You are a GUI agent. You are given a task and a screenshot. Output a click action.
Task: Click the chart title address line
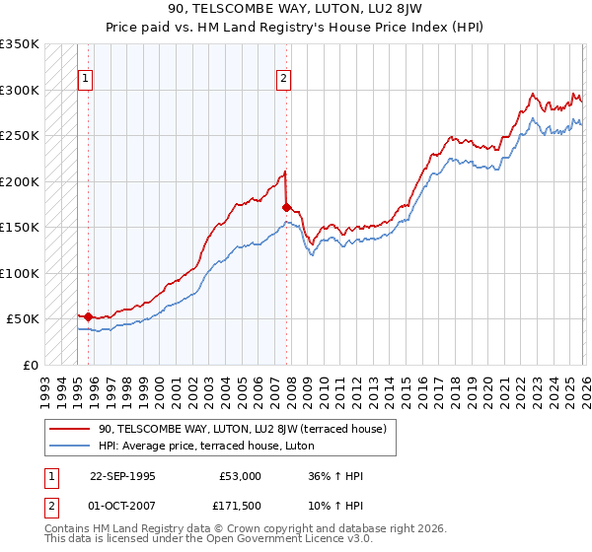[x=296, y=10]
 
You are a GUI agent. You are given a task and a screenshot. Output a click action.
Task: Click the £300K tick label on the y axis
[x=20, y=90]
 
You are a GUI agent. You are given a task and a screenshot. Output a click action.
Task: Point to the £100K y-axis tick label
[x=20, y=273]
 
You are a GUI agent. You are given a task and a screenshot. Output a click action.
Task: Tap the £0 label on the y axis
[x=31, y=365]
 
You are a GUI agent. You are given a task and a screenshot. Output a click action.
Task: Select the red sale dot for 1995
[x=89, y=316]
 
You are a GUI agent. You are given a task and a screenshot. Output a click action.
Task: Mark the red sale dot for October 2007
[x=287, y=208]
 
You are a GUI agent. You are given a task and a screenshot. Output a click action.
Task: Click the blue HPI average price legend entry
[x=205, y=446]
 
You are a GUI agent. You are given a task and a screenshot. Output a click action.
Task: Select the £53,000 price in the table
[x=240, y=476]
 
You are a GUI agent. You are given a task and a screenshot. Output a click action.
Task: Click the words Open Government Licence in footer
[x=265, y=541]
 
